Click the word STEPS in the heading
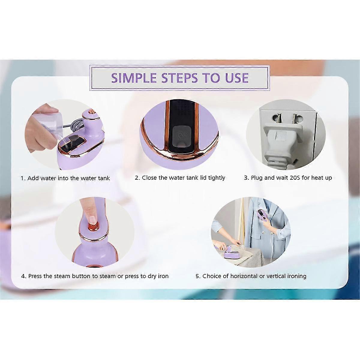179,78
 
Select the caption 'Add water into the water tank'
69,178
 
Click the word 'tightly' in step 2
217,178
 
